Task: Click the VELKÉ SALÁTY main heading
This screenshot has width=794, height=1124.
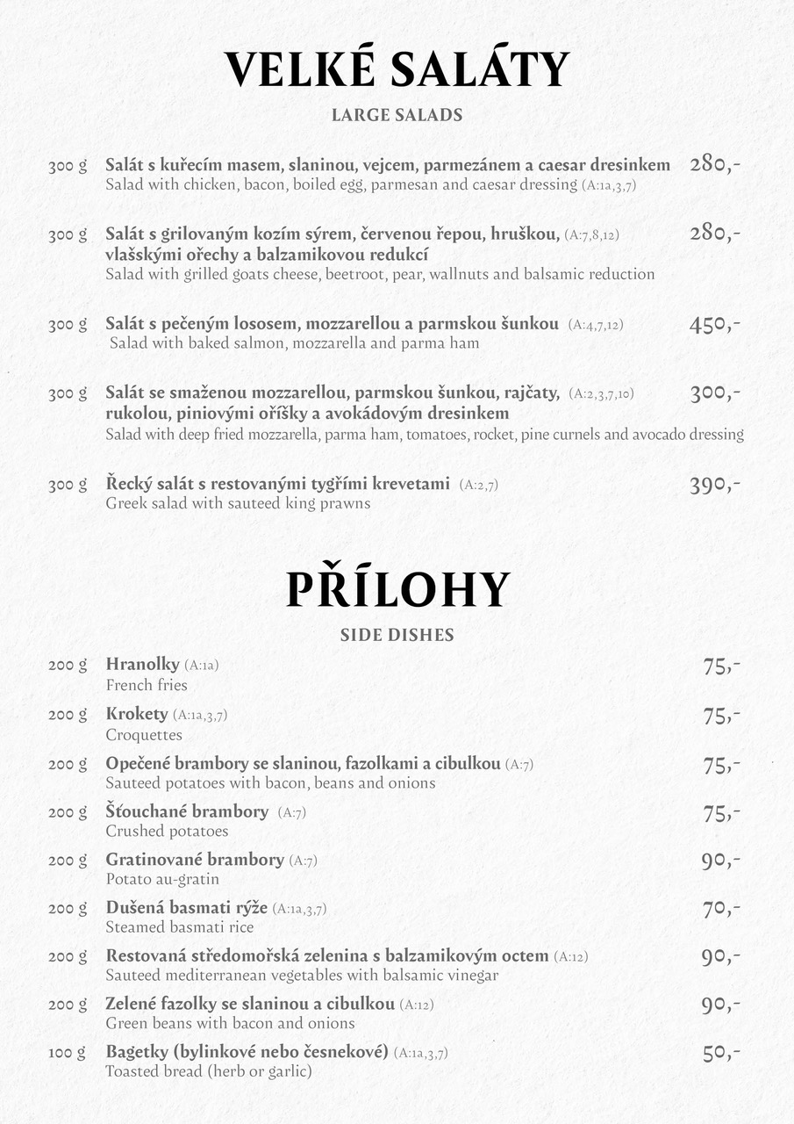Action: click(397, 70)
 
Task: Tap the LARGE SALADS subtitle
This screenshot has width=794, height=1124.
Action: click(397, 115)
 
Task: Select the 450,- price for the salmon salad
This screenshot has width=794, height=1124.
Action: click(714, 325)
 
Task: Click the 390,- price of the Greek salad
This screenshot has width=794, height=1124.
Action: click(714, 485)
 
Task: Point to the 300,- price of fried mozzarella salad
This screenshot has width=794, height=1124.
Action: click(714, 393)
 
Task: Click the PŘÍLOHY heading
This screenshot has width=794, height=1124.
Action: click(397, 589)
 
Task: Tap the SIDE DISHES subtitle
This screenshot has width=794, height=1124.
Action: click(397, 635)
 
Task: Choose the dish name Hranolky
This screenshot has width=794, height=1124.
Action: click(142, 664)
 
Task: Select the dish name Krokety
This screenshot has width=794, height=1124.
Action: click(136, 714)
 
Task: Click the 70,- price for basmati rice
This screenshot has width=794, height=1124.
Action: click(721, 909)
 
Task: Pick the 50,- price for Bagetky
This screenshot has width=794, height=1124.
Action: click(721, 1053)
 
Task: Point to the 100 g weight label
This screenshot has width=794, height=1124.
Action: click(68, 1052)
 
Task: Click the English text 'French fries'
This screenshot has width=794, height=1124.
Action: click(147, 685)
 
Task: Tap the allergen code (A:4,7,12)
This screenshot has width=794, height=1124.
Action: click(596, 325)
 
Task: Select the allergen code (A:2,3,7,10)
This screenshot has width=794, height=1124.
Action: click(601, 393)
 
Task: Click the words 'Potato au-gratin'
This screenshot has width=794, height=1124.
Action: click(162, 879)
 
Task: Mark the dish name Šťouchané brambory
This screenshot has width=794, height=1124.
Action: click(187, 811)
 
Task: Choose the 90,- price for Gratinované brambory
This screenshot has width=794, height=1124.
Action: click(720, 861)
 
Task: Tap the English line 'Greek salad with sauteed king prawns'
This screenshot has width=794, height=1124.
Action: click(238, 504)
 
